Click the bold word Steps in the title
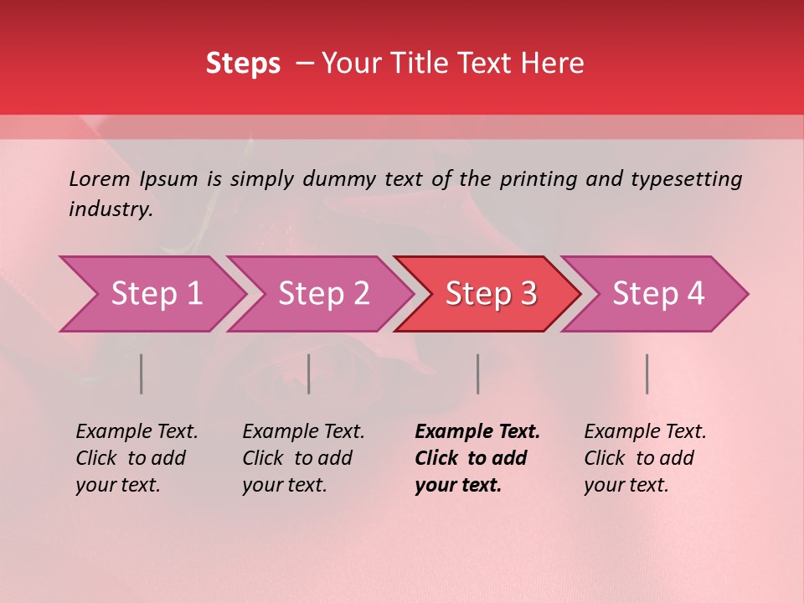click(243, 64)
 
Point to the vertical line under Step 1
click(142, 374)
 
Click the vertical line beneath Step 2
click(309, 374)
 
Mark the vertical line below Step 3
click(478, 374)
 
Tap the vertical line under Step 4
click(647, 374)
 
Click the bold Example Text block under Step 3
click(477, 458)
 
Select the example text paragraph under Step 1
click(137, 458)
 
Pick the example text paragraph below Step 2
click(303, 458)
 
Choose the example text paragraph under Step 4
click(645, 458)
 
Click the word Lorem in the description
click(100, 178)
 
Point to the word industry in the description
click(110, 209)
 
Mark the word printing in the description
click(539, 178)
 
